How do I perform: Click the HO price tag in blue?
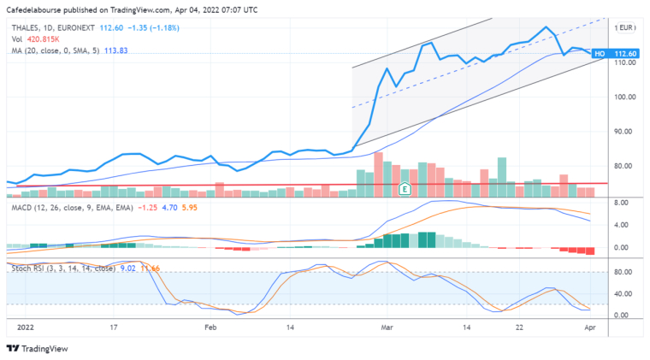600,54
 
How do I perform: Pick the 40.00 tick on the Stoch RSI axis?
623,294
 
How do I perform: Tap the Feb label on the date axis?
210,327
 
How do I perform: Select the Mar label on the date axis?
387,327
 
